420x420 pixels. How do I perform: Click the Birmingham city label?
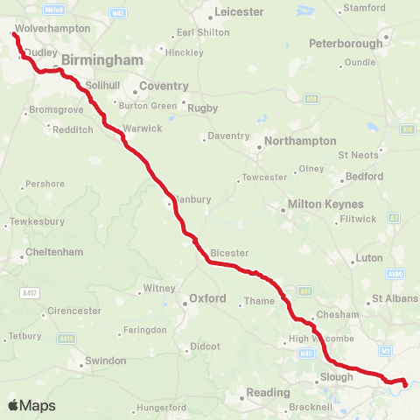tap(101, 59)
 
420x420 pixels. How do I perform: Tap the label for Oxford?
tap(207, 299)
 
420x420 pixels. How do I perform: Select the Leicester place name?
tap(239, 12)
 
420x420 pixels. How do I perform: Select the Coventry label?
tap(164, 86)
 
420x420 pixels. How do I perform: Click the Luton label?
tap(367, 259)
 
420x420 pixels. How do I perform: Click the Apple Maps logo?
tap(31, 405)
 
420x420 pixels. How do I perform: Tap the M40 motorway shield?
tap(304, 353)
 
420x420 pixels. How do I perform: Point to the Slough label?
tap(337, 377)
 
